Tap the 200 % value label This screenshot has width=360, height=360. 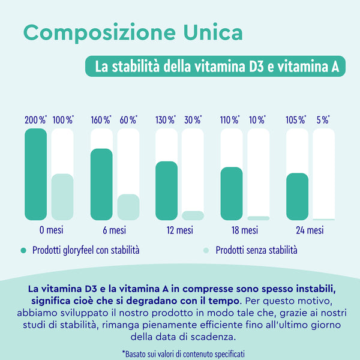(x=35, y=119)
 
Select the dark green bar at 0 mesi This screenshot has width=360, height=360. (x=35, y=174)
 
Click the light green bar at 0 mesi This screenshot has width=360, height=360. (x=62, y=197)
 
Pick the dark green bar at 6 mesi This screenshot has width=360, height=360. (x=101, y=184)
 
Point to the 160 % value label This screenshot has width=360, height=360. (x=101, y=119)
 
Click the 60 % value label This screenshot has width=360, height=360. (x=128, y=119)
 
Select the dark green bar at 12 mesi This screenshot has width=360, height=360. (x=166, y=191)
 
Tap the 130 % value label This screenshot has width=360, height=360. (x=166, y=119)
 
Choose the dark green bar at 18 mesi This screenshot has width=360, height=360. (x=232, y=193)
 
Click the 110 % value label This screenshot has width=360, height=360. (x=231, y=119)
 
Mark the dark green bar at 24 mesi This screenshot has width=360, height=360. (x=297, y=196)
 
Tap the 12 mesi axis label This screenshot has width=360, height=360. (x=179, y=230)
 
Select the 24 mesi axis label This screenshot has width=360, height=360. (x=310, y=230)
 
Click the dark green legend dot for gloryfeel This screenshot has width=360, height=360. (x=23, y=250)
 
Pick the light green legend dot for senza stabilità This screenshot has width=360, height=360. (x=206, y=250)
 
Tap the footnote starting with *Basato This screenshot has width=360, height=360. (x=183, y=354)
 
